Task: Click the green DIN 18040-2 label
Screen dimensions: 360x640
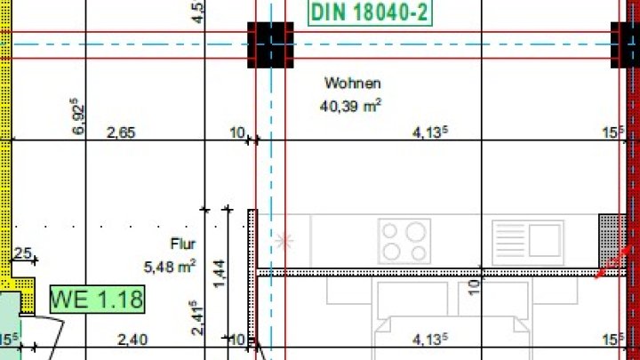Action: [x=369, y=12]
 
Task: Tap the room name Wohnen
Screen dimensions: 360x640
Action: [x=352, y=84]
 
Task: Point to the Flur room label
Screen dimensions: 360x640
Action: [x=183, y=243]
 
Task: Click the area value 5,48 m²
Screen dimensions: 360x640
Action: [x=170, y=265]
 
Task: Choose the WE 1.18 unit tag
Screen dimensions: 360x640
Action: [x=97, y=299]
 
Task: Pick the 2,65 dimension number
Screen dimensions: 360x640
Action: [x=121, y=132]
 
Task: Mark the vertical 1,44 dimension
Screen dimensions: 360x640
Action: [x=220, y=270]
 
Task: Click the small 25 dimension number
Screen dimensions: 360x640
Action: [x=22, y=254]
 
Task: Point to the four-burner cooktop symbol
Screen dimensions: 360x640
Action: [x=404, y=240]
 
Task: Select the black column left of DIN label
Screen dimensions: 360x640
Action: [x=270, y=44]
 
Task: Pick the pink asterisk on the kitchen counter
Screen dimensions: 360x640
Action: [x=285, y=240]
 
